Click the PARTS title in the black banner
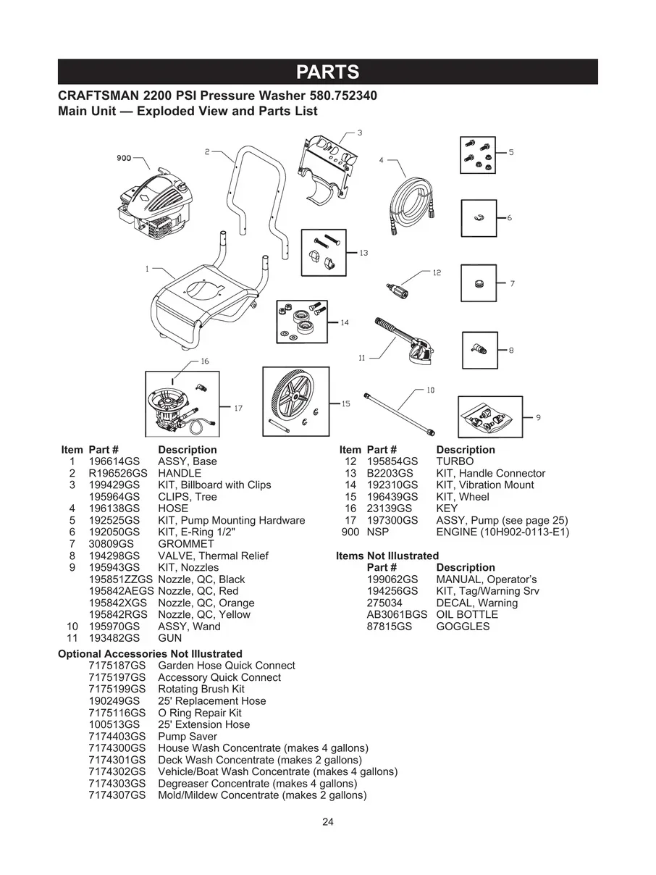click(x=328, y=72)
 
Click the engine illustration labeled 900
click(x=156, y=204)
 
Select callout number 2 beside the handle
click(x=207, y=152)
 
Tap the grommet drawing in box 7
click(x=478, y=283)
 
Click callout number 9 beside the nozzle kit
click(x=538, y=417)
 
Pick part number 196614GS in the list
click(x=114, y=461)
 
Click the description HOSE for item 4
click(x=173, y=508)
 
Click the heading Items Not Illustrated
click(x=387, y=556)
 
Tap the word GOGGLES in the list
click(x=463, y=627)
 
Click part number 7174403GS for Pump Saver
click(x=117, y=737)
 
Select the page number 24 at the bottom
click(x=328, y=821)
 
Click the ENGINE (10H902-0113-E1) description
click(x=502, y=532)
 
